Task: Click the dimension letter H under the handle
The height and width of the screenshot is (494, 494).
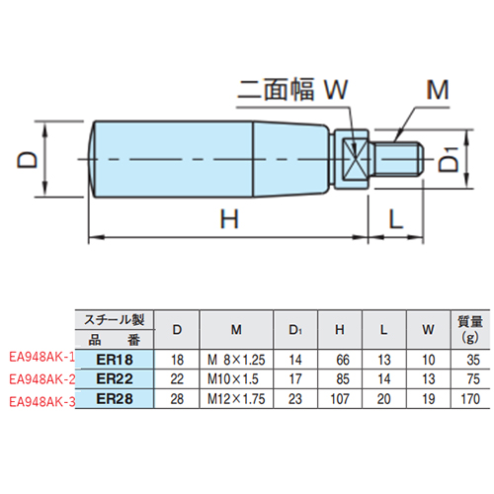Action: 229,221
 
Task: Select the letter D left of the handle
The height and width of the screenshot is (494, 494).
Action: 31,158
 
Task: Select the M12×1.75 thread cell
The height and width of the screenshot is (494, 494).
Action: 238,399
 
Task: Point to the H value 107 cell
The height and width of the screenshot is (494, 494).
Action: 340,399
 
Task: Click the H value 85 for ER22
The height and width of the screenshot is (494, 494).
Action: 340,378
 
